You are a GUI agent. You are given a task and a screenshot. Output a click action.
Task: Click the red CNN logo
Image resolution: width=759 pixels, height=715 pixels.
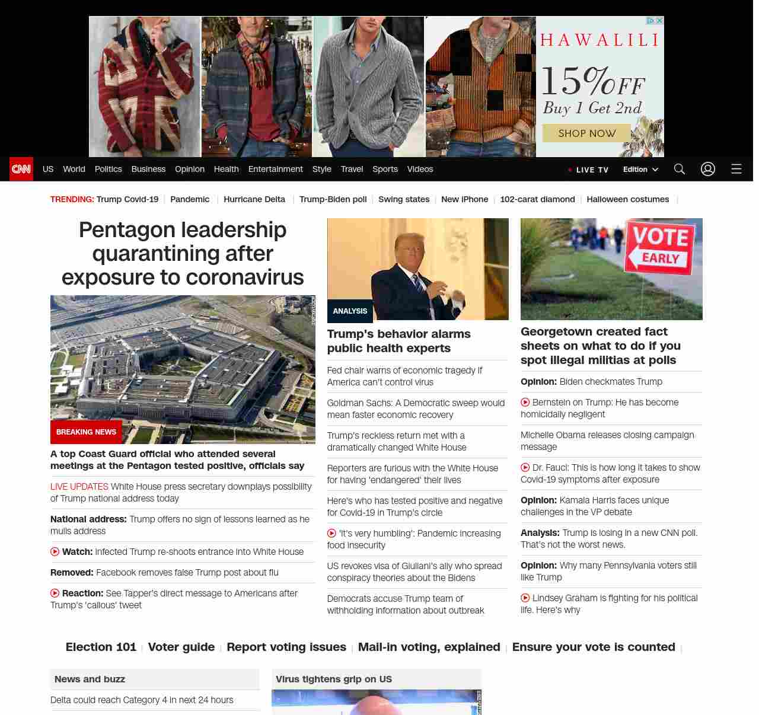coord(21,169)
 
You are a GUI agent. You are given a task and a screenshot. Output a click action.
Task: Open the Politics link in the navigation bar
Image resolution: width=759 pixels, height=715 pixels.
coord(108,169)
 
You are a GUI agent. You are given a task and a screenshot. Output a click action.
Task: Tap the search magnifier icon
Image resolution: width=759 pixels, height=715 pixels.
coord(679,169)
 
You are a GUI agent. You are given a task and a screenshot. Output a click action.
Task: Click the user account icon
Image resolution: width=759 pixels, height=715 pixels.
coord(707,169)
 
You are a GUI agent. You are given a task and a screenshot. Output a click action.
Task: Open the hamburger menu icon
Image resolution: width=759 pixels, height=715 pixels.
coord(736,169)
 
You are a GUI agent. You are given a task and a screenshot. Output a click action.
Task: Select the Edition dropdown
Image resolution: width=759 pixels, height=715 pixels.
coord(640,170)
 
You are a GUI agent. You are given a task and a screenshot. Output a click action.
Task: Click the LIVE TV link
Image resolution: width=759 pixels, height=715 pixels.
coord(589,170)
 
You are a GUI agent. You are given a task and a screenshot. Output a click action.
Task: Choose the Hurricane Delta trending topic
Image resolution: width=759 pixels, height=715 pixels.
coord(254,199)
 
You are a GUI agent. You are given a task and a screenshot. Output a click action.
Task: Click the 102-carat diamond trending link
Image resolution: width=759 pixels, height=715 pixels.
coord(537,199)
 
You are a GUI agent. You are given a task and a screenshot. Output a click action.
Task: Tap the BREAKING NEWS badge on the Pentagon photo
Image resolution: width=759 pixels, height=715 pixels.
coord(86,432)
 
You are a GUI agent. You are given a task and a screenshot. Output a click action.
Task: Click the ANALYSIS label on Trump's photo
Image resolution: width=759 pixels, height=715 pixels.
coord(350,311)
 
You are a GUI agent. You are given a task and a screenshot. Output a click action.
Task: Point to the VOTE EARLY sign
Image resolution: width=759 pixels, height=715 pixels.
coord(660,248)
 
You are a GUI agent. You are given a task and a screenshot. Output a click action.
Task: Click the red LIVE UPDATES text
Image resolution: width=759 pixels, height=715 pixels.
coord(79,487)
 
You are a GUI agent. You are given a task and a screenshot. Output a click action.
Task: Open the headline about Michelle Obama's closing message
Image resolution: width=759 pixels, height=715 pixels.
coord(607,441)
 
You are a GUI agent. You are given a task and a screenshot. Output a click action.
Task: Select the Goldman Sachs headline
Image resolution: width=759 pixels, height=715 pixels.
coord(416,409)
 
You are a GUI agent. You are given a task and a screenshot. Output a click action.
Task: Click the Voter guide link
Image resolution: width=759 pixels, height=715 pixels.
coord(181,647)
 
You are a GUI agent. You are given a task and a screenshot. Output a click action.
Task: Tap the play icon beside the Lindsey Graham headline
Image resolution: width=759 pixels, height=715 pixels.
coord(525,598)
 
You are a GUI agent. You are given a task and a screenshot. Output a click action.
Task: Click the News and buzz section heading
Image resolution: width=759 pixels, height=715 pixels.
coord(90,679)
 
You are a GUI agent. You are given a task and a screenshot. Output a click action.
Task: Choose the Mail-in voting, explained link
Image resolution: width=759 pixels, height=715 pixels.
coord(429,647)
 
